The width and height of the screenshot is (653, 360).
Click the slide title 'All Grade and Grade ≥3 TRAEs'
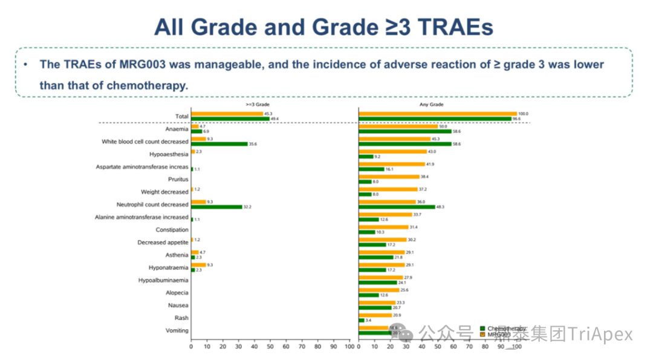pos(323,27)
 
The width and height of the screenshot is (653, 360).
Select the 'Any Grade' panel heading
pos(432,105)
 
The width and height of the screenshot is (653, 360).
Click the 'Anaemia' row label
pos(177,129)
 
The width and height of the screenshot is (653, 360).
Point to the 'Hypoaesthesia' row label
pos(169,154)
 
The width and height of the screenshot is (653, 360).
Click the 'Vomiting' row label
pos(177,330)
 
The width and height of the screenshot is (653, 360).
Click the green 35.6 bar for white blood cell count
pos(219,144)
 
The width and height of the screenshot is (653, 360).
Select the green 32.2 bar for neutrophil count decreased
pos(216,207)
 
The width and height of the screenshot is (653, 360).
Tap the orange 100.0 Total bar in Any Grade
pos(438,113)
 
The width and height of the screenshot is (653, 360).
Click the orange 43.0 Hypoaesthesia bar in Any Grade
pos(392,151)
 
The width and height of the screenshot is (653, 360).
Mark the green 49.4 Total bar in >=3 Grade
pos(230,119)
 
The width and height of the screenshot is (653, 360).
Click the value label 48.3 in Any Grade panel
pos(440,207)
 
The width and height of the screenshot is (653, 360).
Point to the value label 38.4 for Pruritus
pos(425,177)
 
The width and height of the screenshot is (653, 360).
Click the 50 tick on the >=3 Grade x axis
pos(270,347)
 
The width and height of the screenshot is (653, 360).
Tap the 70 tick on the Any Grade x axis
pos(469,347)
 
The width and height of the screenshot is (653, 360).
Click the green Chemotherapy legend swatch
pos(482,329)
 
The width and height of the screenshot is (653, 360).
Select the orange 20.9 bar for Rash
pos(375,315)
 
